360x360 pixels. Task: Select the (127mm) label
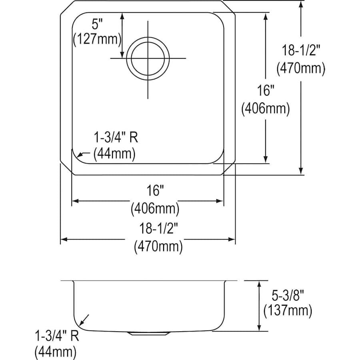click(x=97, y=39)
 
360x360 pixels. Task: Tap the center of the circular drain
click(x=148, y=58)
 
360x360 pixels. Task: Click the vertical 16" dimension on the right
click(x=266, y=90)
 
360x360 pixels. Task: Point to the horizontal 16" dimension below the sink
click(x=156, y=190)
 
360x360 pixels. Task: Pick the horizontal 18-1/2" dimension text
click(x=159, y=229)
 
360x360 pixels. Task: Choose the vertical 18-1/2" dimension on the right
click(x=301, y=50)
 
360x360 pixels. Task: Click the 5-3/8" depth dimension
click(x=288, y=295)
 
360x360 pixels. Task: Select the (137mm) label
click(x=288, y=311)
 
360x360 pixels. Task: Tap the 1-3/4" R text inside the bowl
click(x=116, y=137)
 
